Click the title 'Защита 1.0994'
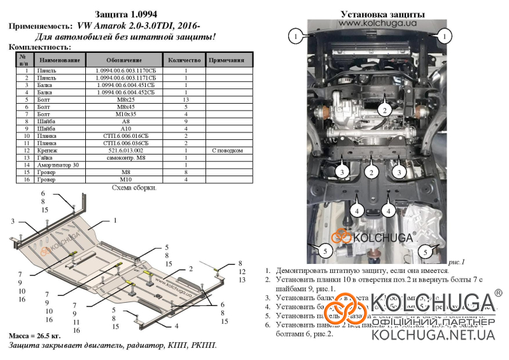point(127,13)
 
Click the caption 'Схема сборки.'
point(134,188)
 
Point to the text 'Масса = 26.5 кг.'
point(36,335)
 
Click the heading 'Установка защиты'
point(374,13)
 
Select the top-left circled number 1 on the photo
point(296,36)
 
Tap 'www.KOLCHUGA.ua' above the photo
point(374,23)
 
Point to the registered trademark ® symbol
point(498,293)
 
